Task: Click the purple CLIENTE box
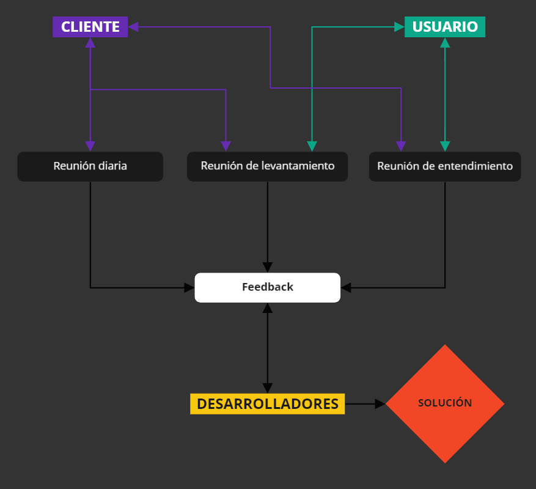90,27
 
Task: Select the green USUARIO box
444,27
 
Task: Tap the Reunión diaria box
90,166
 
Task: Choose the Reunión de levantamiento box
267,166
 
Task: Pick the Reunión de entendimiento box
444,166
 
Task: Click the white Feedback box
267,287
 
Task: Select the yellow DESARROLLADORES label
267,404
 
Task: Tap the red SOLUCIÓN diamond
445,403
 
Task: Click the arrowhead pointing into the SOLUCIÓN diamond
380,404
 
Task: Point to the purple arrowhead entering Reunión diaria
90,146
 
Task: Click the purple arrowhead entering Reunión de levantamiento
226,146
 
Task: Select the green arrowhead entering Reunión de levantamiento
312,146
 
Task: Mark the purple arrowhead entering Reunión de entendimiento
401,146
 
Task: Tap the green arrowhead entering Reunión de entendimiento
445,146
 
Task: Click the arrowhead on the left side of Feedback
189,287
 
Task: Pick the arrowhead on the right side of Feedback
346,287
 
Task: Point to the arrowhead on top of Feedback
267,267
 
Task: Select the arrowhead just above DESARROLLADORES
267,388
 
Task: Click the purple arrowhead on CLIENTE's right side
133,27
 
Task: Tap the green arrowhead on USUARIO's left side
399,27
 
